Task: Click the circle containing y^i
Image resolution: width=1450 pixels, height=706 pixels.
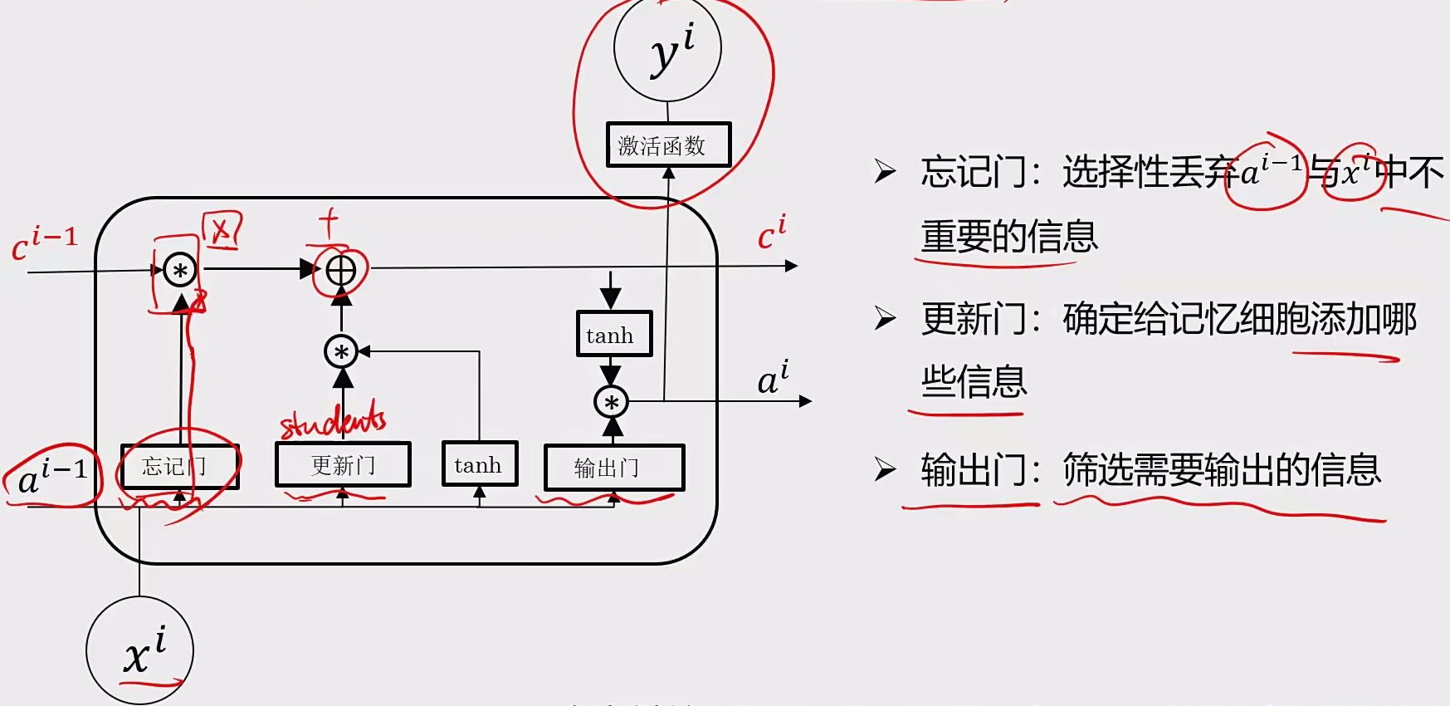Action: tap(667, 50)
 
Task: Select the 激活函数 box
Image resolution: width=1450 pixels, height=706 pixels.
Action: tap(668, 145)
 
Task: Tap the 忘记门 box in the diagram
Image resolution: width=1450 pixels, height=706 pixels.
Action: tap(179, 466)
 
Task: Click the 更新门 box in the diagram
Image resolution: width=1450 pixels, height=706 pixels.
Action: tap(343, 464)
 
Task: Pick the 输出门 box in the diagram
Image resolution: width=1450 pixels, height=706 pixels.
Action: tap(613, 468)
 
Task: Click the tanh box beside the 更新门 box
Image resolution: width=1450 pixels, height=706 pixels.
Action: tap(479, 464)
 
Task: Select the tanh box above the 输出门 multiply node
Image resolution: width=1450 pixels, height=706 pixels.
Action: tap(613, 335)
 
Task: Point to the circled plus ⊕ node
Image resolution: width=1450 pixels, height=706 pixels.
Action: tap(341, 270)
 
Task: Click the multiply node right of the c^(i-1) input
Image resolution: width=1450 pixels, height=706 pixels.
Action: tap(180, 270)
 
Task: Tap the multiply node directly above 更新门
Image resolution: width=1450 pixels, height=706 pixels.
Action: tap(341, 352)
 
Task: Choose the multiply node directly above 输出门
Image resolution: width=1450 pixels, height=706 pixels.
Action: tap(612, 403)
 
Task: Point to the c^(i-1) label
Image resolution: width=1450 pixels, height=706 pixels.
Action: tap(45, 243)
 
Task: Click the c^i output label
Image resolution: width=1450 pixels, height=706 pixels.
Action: tap(771, 233)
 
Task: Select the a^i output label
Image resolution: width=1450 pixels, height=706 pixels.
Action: tap(773, 378)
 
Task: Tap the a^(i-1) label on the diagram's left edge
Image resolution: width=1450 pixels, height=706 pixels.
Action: tap(52, 477)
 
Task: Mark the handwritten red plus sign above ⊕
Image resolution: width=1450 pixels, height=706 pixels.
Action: tap(329, 223)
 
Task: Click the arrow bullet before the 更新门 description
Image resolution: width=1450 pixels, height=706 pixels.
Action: tap(885, 318)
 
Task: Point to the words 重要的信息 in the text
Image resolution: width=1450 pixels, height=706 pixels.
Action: tap(1008, 238)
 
